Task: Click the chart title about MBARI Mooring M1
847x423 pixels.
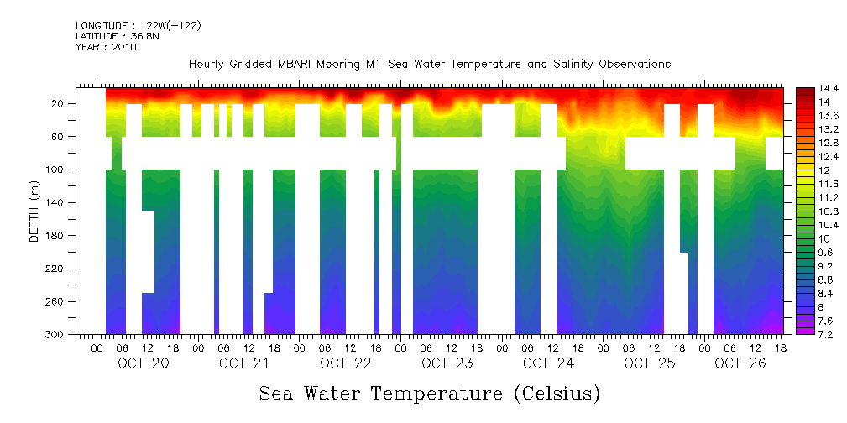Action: click(429, 64)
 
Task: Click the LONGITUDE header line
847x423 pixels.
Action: click(138, 26)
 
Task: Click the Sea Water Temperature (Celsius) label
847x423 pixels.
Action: click(429, 393)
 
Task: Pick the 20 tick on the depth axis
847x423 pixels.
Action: click(59, 103)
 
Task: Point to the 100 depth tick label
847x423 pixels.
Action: click(56, 170)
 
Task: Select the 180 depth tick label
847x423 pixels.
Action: click(56, 235)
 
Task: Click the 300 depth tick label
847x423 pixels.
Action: click(56, 334)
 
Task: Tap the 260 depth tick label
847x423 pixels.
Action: click(56, 301)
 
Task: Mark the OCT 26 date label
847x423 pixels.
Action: click(739, 363)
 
